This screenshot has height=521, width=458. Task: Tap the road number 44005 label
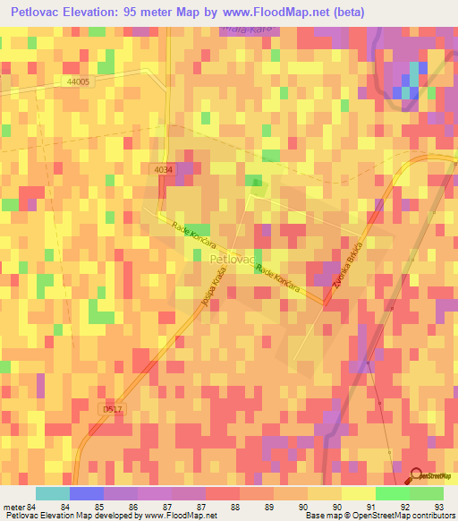click(78, 81)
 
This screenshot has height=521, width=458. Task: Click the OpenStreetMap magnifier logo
click(417, 476)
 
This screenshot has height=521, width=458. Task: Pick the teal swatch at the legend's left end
click(53, 493)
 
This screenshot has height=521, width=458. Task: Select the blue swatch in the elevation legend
click(87, 493)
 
